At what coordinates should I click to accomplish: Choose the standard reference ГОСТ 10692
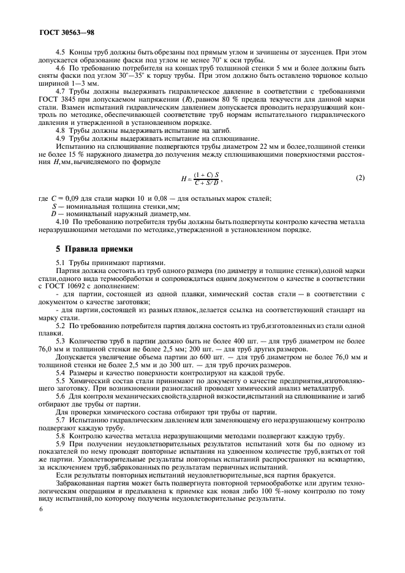(77, 286)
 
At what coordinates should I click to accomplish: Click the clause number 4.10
(62, 222)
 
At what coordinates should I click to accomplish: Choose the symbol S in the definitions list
(53, 206)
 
